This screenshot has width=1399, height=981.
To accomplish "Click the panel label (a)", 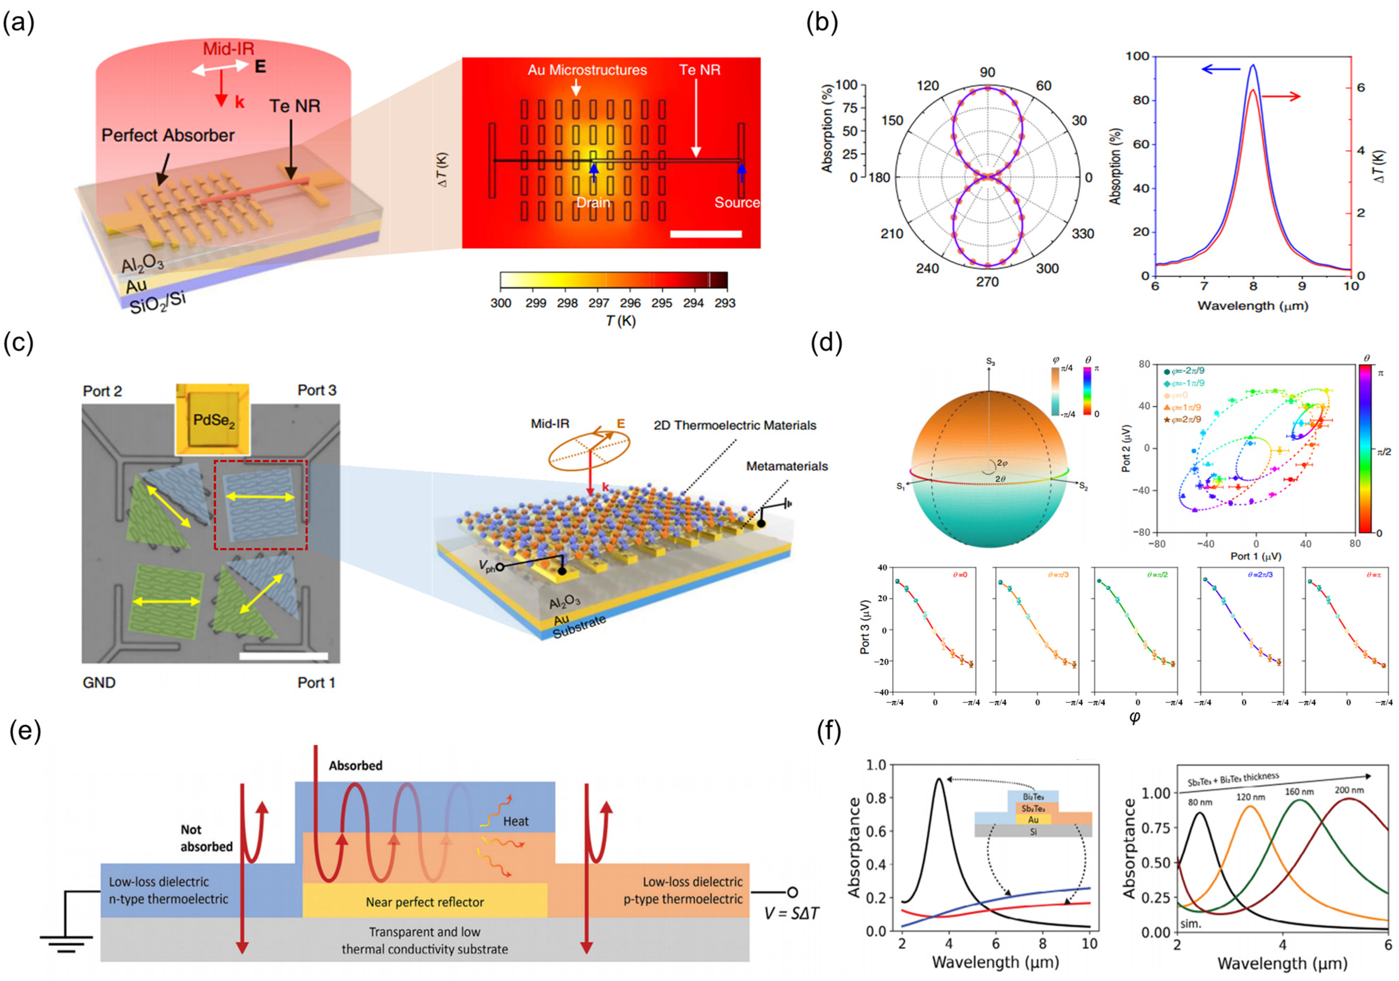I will coord(18,23).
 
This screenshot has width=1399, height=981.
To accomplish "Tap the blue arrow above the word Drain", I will coord(594,172).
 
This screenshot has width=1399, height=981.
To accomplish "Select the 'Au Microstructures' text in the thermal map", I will coord(587,70).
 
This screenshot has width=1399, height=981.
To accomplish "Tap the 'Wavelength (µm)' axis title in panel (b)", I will coord(1252,305).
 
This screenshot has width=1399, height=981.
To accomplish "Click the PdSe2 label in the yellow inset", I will coord(213,420).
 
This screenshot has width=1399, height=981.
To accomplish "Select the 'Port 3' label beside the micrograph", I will coord(316,390).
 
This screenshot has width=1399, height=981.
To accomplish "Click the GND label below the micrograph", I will coord(99,682).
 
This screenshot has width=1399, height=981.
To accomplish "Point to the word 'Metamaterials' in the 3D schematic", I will coord(787,466).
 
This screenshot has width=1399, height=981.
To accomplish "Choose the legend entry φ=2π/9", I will coord(1183,419).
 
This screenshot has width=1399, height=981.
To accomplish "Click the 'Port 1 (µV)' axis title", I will coord(1255,556).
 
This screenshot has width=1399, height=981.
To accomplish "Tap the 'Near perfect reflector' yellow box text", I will coord(425,902).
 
